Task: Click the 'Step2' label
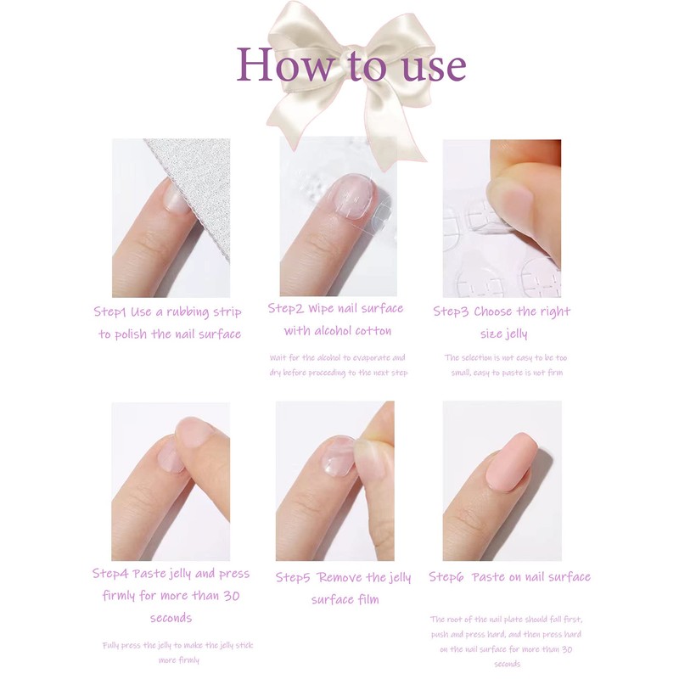click(x=286, y=308)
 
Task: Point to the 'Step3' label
click(x=452, y=311)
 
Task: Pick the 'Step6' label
click(x=446, y=577)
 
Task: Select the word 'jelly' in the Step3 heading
click(x=516, y=334)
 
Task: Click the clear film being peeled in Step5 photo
click(x=338, y=454)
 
